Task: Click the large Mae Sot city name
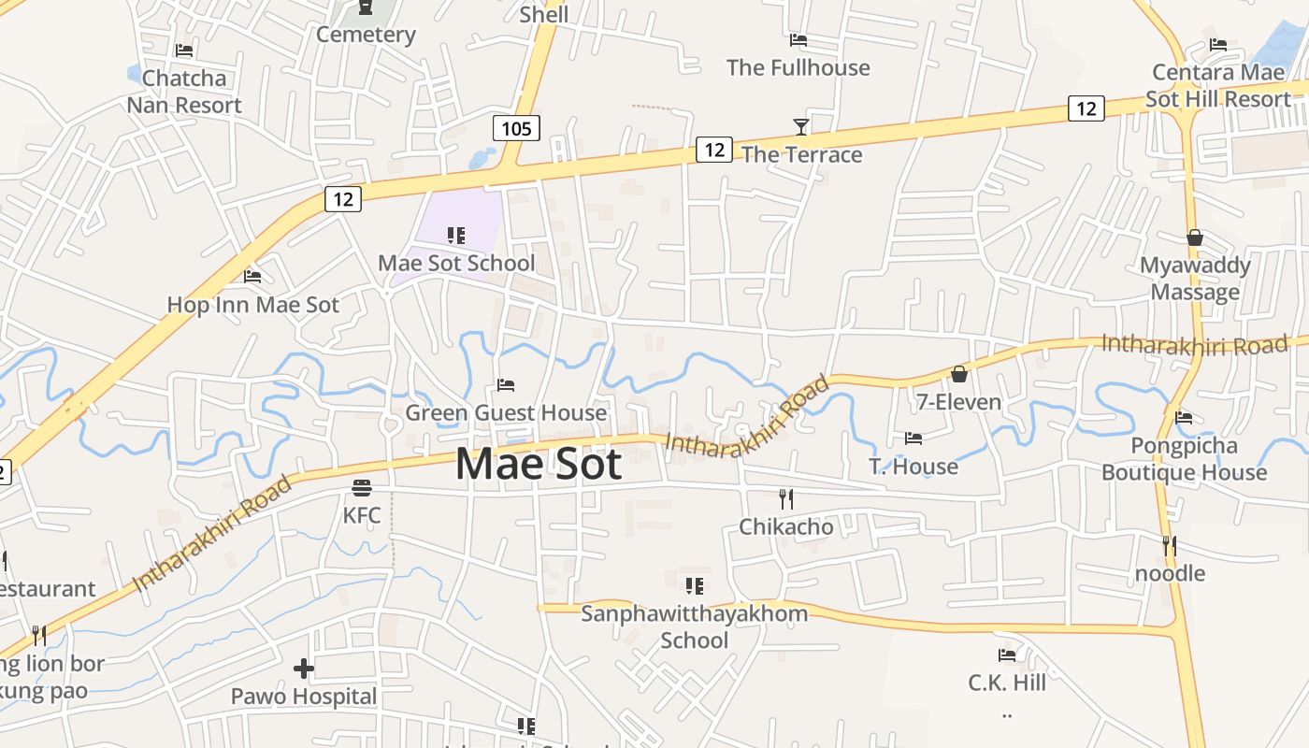tap(539, 464)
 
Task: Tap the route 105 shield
tap(516, 128)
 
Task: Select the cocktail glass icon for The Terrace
tap(800, 127)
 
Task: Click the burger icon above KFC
tap(362, 487)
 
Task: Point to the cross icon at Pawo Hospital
tap(304, 669)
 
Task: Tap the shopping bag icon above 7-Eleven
tap(958, 375)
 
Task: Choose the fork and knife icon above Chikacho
tap(786, 499)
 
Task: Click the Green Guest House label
tap(506, 412)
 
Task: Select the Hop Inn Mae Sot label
tap(252, 305)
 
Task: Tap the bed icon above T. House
tap(913, 439)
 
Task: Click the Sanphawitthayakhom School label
tap(694, 626)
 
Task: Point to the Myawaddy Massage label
tap(1195, 279)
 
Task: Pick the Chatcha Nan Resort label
tap(184, 92)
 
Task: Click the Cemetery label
tap(366, 35)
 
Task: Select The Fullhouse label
tap(798, 67)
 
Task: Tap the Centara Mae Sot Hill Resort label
tap(1218, 85)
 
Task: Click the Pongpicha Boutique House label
tap(1184, 458)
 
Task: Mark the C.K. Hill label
tap(1007, 683)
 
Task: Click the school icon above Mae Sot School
tap(456, 236)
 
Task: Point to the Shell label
tap(543, 14)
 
